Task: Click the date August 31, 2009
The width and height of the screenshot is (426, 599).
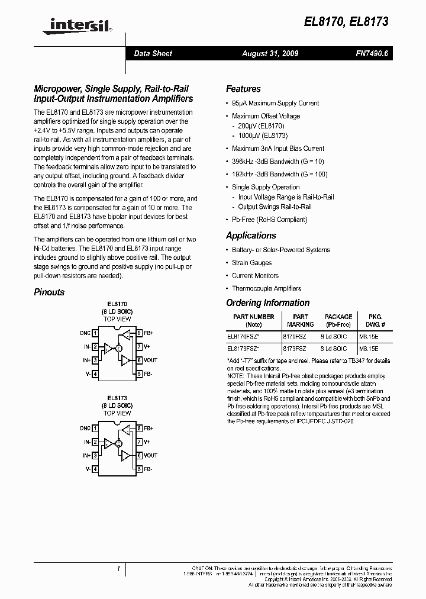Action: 270,53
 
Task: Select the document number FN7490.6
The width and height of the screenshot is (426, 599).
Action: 372,53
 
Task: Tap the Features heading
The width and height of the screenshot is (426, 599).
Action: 243,89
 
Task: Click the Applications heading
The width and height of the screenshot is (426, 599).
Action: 251,236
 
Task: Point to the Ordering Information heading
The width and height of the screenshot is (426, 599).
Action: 267,303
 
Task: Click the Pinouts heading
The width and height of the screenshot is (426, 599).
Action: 49,292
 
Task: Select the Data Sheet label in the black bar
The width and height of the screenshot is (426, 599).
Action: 153,53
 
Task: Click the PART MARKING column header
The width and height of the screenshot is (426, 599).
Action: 300,320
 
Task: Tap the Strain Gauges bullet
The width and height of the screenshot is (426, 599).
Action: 251,263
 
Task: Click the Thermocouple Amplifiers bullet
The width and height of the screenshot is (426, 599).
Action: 266,288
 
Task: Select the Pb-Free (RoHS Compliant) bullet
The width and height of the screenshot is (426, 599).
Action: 269,220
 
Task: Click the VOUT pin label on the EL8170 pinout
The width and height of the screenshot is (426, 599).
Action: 150,360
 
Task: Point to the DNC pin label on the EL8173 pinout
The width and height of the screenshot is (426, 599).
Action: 85,428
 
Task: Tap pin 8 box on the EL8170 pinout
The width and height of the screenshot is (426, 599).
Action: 138,334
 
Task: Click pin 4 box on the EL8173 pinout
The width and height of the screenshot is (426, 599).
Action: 95,469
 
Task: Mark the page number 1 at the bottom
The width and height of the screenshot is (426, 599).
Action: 119,569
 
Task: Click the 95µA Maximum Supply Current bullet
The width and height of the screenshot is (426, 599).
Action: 275,103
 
